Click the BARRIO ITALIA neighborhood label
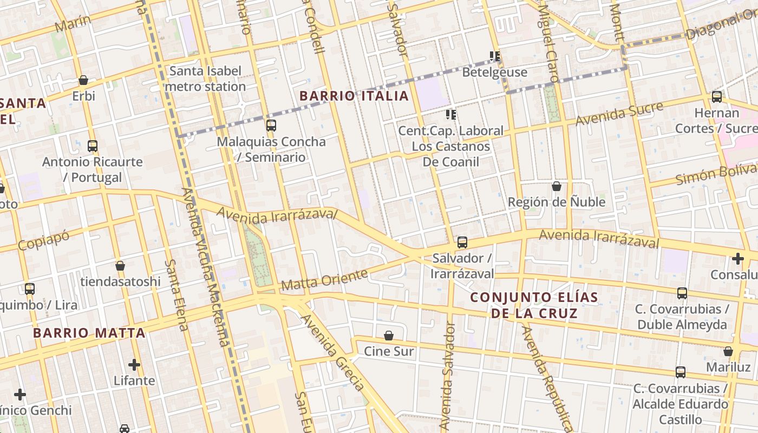pyautogui.click(x=354, y=96)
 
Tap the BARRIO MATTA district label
pyautogui.click(x=89, y=333)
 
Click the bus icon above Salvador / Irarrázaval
pyautogui.click(x=462, y=242)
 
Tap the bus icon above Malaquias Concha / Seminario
pyautogui.click(x=271, y=126)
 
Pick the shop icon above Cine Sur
pyautogui.click(x=388, y=336)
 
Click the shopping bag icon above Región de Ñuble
pyautogui.click(x=556, y=186)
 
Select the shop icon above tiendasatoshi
pyautogui.click(x=120, y=266)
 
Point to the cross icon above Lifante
pyautogui.click(x=134, y=365)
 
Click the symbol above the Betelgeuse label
pyautogui.click(x=494, y=56)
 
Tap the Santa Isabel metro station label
pyautogui.click(x=206, y=79)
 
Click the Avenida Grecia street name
pyautogui.click(x=332, y=352)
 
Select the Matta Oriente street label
pyautogui.click(x=324, y=279)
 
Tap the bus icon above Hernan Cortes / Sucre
pyautogui.click(x=716, y=97)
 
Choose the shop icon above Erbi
pyautogui.click(x=83, y=80)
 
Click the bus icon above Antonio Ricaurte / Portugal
pyautogui.click(x=93, y=146)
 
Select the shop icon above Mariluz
pyautogui.click(x=728, y=351)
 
